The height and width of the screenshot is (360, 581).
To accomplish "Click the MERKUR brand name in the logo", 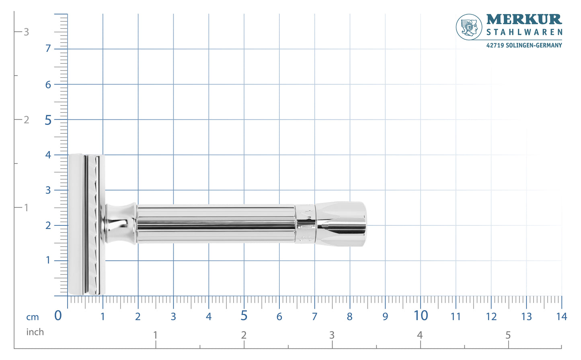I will tap(524, 19).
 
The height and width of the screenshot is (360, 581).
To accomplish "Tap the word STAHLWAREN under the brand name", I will tap(524, 32).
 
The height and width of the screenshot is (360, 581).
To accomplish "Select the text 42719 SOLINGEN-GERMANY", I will tap(524, 45).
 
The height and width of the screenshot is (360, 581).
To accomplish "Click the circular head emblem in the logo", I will tap(469, 27).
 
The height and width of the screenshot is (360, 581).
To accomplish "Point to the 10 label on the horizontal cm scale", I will tap(421, 316).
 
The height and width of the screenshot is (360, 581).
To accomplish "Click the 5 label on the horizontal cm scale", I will tap(244, 316).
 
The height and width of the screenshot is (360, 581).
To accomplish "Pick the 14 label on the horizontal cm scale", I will tap(561, 317).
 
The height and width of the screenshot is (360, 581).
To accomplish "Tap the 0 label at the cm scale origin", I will tap(58, 316).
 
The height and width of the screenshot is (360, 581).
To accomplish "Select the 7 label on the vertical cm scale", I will tap(48, 49).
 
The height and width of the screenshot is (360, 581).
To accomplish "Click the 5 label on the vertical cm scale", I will tap(48, 120).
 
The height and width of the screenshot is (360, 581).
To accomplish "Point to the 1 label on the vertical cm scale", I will tap(48, 260).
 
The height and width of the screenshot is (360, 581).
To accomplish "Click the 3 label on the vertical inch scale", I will tap(27, 32).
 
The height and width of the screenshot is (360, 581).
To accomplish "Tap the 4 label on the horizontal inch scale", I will tap(420, 335).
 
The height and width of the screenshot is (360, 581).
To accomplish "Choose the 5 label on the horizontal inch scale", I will tap(508, 335).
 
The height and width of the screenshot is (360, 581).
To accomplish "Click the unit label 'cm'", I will tap(33, 317).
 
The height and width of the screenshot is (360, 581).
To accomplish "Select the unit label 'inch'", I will tap(35, 332).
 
